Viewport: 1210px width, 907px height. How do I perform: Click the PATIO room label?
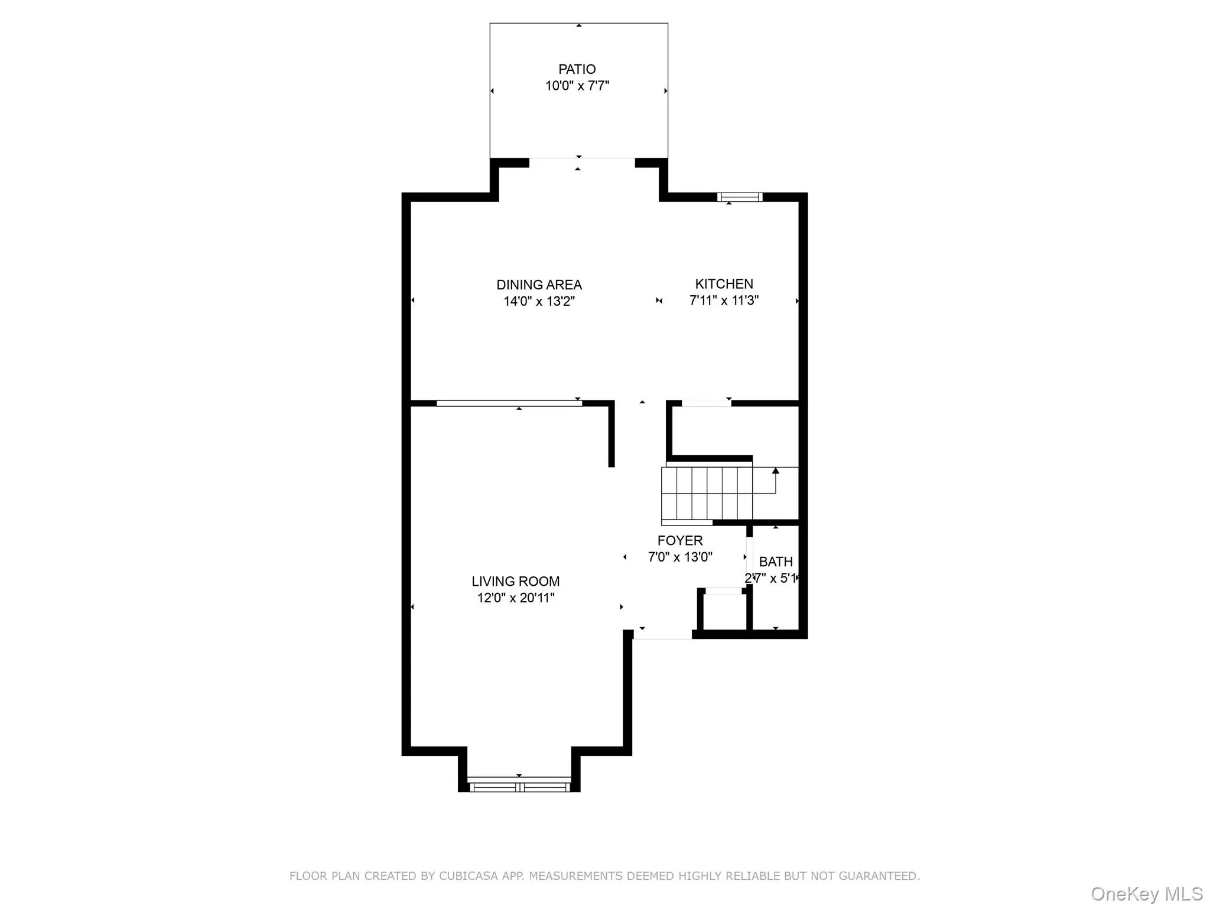pyautogui.click(x=577, y=69)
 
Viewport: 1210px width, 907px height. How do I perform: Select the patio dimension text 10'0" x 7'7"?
pyautogui.click(x=577, y=86)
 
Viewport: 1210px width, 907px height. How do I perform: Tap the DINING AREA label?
pyautogui.click(x=539, y=285)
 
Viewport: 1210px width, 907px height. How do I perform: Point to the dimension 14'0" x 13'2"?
pyautogui.click(x=539, y=301)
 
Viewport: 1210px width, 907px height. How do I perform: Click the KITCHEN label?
pyautogui.click(x=724, y=283)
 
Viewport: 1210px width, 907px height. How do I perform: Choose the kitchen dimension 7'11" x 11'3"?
pyautogui.click(x=724, y=300)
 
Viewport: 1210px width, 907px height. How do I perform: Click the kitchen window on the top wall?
pyautogui.click(x=740, y=197)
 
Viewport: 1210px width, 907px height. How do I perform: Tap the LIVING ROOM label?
pyautogui.click(x=515, y=581)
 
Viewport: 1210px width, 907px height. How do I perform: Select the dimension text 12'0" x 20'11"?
pyautogui.click(x=515, y=598)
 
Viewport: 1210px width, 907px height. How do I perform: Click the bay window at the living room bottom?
pyautogui.click(x=519, y=787)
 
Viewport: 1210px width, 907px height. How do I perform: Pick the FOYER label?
pyautogui.click(x=680, y=540)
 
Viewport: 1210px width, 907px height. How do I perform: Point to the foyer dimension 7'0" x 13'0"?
pyautogui.click(x=680, y=557)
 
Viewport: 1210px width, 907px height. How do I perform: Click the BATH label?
pyautogui.click(x=775, y=562)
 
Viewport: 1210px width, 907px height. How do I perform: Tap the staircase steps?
pyautogui.click(x=706, y=493)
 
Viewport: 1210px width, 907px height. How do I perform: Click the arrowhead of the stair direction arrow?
pyautogui.click(x=775, y=471)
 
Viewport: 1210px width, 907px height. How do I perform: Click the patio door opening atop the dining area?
pyautogui.click(x=581, y=159)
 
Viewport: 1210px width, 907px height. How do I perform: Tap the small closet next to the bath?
pyautogui.click(x=724, y=611)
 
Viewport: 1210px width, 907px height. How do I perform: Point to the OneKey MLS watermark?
pyautogui.click(x=1146, y=893)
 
